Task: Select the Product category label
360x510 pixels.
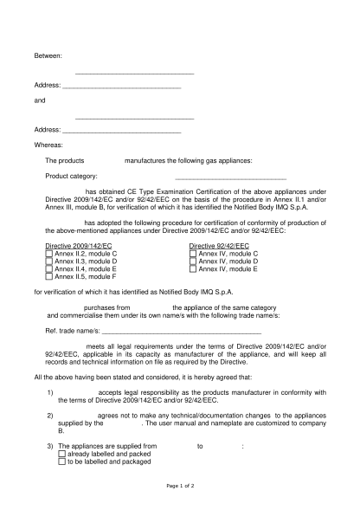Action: point(71,176)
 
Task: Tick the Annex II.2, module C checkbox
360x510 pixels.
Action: point(49,253)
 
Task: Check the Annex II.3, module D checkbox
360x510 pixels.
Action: point(49,261)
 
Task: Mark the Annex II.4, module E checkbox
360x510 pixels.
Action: point(49,268)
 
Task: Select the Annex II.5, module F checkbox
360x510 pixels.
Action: point(49,276)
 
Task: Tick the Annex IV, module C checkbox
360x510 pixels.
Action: point(193,253)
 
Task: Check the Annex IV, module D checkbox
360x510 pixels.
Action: point(193,261)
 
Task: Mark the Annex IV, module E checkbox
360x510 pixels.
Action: point(193,268)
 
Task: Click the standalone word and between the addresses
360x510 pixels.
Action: point(39,100)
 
